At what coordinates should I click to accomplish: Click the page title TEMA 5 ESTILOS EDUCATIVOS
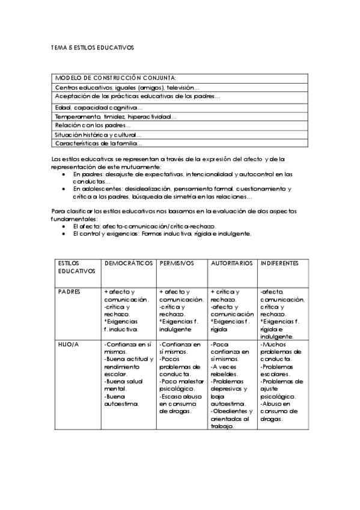(92, 46)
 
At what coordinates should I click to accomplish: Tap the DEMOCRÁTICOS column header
(129, 263)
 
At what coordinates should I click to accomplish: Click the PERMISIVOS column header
(177, 263)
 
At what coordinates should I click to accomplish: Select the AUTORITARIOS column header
(232, 263)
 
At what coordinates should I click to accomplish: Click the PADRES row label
(69, 292)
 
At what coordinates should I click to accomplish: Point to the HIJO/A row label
(68, 344)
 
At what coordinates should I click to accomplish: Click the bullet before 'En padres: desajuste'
(65, 174)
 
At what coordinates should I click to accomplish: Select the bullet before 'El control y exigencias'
(65, 233)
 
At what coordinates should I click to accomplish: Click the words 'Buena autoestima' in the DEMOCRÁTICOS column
(121, 401)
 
